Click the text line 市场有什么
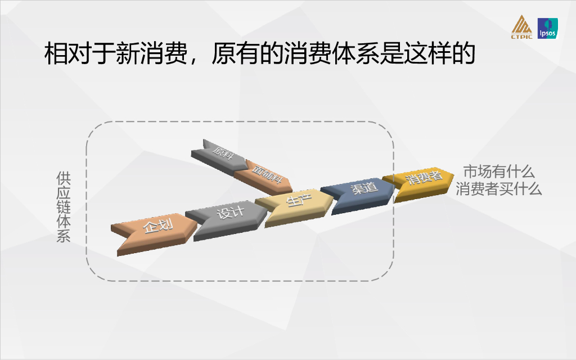point(498,172)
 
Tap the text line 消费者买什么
point(499,189)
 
